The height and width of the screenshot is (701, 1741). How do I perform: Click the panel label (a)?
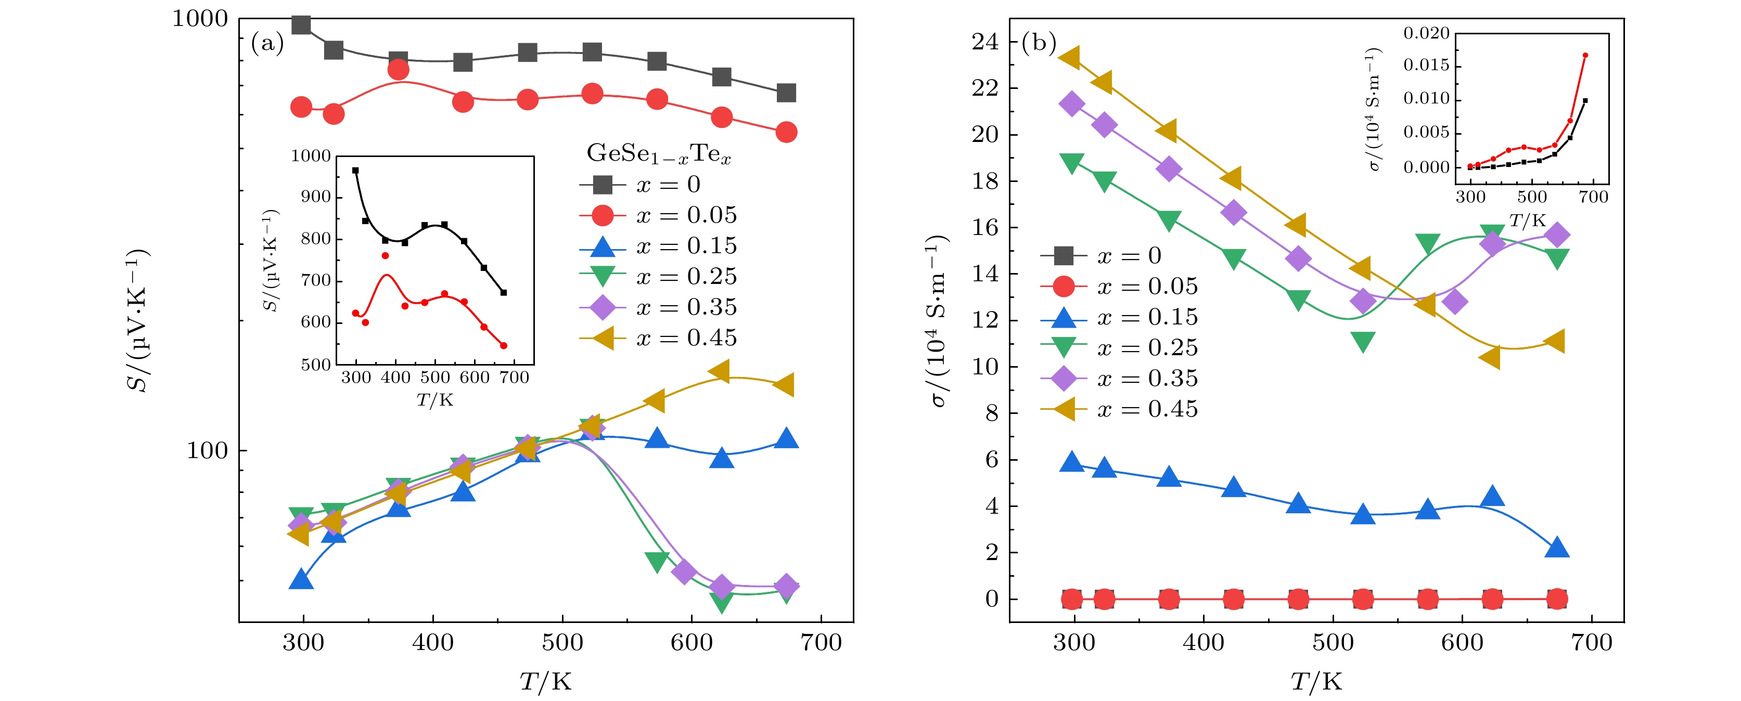(267, 44)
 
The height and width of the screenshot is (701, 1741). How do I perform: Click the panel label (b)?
(1038, 43)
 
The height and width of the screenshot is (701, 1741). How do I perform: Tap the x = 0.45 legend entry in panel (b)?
(1119, 409)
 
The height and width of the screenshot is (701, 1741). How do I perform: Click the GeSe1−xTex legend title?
(658, 154)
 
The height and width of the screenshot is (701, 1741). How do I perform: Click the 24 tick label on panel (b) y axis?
(985, 42)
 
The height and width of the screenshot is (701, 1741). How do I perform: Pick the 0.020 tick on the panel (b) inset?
(1426, 33)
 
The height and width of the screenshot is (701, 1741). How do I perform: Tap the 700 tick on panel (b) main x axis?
(1592, 642)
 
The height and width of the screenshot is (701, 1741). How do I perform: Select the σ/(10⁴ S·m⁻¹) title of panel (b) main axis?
(938, 321)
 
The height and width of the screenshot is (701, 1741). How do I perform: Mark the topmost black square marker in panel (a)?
(301, 25)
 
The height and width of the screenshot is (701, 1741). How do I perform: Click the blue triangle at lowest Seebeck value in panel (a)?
(301, 579)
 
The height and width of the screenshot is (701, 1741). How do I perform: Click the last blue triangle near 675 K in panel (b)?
(1556, 548)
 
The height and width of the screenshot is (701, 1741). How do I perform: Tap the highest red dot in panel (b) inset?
(1585, 55)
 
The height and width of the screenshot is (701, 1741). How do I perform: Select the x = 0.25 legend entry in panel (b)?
(1119, 348)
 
